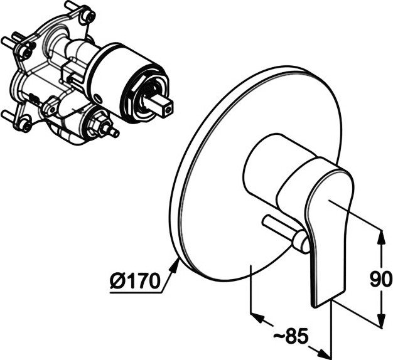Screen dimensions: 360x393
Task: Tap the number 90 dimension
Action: (x=380, y=278)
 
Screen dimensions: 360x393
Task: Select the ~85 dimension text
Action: (x=291, y=337)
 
